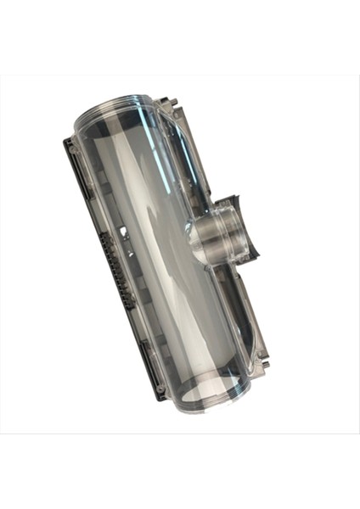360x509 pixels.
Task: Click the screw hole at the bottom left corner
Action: tap(160, 391)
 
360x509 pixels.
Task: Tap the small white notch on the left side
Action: tap(125, 230)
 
